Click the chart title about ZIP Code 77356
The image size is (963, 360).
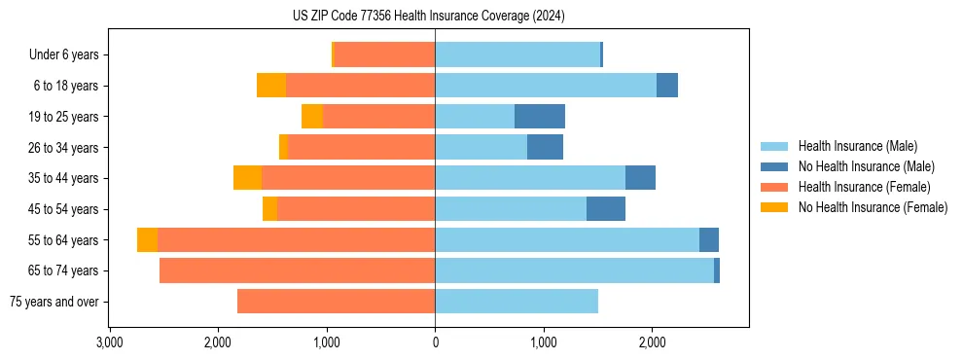(x=428, y=17)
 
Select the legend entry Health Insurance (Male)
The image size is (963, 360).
(x=857, y=146)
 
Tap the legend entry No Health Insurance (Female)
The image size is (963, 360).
(x=873, y=207)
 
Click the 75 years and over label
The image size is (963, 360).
(x=53, y=302)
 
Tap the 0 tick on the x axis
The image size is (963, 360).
(x=435, y=342)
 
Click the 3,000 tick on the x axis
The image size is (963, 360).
(x=110, y=342)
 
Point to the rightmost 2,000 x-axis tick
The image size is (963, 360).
(x=652, y=342)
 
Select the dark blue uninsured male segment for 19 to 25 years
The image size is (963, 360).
(x=540, y=117)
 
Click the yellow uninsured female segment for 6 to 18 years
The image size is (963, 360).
(x=271, y=86)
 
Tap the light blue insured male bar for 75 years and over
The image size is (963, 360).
(x=517, y=302)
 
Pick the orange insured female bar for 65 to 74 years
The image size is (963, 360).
(x=297, y=270)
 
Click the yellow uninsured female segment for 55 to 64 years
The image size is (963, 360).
(x=147, y=240)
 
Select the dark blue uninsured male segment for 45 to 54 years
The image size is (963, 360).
(x=606, y=209)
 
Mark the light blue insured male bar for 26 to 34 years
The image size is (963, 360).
(x=481, y=148)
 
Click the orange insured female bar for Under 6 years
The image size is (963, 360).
(x=384, y=55)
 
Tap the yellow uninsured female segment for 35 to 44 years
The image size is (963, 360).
(x=247, y=178)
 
